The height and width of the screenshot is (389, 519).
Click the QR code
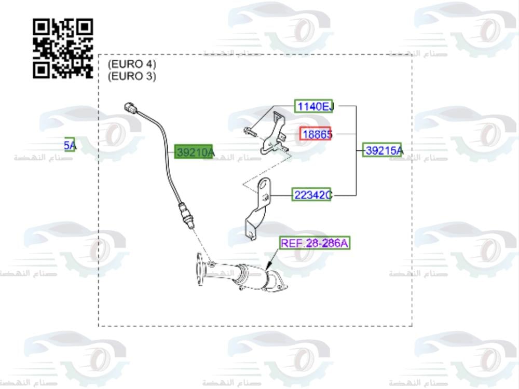(x=63, y=48)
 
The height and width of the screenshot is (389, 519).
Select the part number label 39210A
(x=194, y=152)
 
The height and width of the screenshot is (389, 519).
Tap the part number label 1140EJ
(x=314, y=107)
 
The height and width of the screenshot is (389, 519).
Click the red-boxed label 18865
(x=316, y=134)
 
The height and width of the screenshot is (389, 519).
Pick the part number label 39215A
(x=383, y=150)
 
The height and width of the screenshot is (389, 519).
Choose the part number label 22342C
(x=311, y=195)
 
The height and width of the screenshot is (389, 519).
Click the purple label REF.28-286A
(x=315, y=243)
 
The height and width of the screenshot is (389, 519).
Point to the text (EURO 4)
(x=131, y=65)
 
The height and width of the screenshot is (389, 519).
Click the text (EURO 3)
(x=131, y=76)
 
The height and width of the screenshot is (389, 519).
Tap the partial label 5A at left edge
(x=70, y=146)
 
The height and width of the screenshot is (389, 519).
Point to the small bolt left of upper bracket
(x=249, y=131)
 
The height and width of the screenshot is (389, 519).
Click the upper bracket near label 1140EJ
(x=275, y=132)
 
